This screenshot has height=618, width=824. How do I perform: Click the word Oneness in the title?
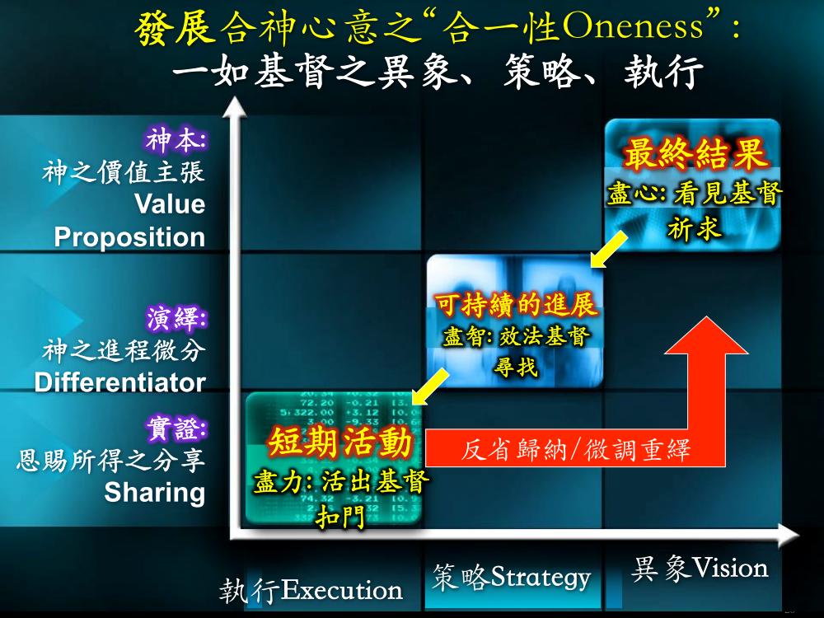click(633, 26)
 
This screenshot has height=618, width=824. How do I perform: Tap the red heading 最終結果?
click(694, 153)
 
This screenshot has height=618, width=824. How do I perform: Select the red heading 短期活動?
click(340, 442)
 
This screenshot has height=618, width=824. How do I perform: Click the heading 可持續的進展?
click(516, 304)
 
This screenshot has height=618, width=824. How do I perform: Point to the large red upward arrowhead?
click(707, 335)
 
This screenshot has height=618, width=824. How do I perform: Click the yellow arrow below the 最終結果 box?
click(609, 250)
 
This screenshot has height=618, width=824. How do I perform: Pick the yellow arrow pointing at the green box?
click(430, 386)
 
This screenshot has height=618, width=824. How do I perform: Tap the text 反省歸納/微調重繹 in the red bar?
click(575, 451)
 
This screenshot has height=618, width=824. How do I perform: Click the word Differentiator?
click(119, 382)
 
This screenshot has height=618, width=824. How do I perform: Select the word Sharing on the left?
click(155, 493)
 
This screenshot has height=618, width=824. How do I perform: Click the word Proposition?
click(129, 237)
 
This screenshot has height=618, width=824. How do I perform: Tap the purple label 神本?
click(176, 140)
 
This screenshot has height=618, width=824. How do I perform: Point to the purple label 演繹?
click(176, 318)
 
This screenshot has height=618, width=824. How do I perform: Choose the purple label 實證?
click(176, 428)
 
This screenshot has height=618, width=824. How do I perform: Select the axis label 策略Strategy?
click(512, 577)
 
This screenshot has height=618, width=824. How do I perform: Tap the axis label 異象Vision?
click(699, 569)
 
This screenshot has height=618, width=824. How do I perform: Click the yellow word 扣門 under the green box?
click(340, 517)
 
